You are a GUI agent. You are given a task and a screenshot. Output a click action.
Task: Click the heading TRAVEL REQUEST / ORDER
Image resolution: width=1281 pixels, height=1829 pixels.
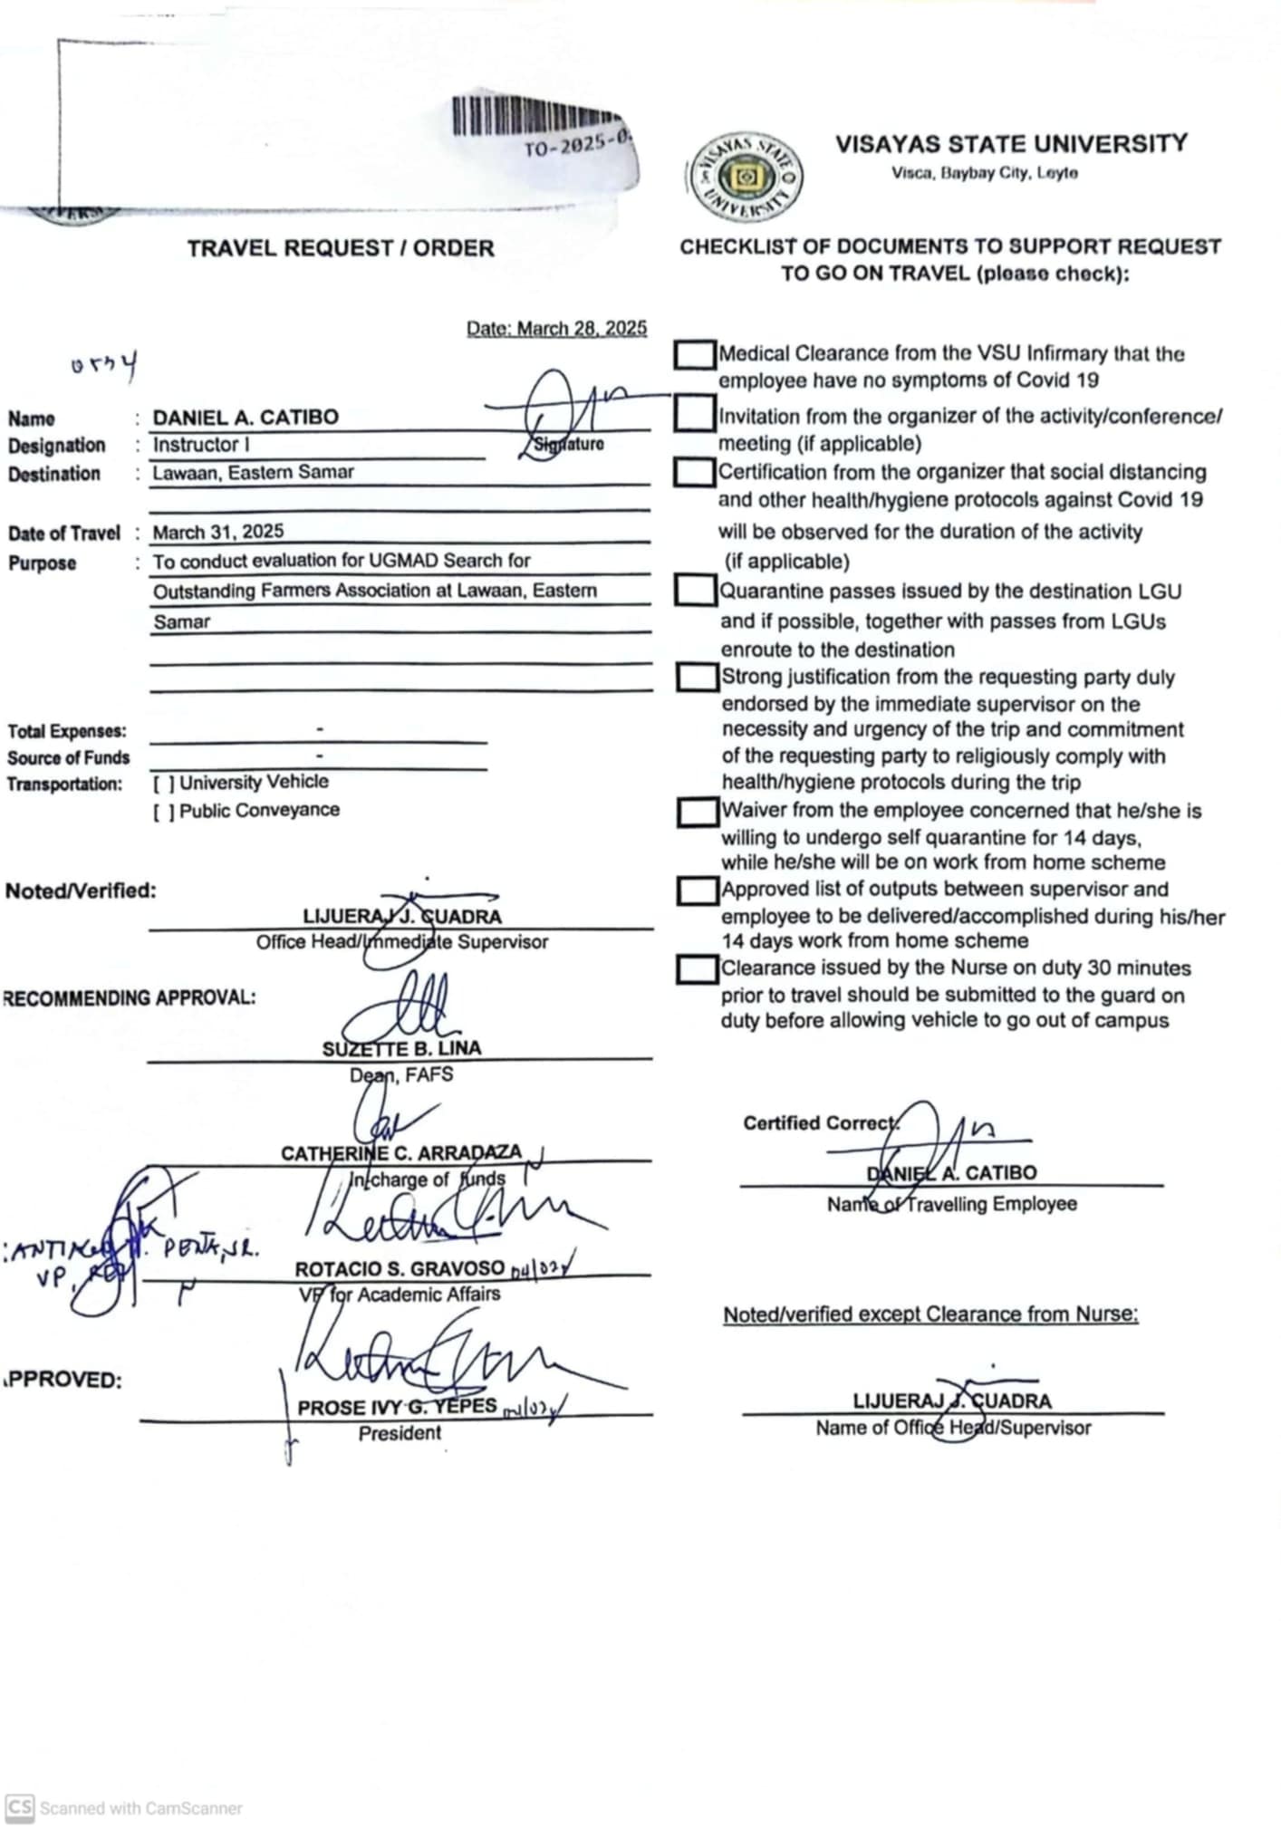(x=341, y=248)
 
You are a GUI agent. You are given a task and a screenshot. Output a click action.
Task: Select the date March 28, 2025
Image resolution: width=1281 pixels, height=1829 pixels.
(x=556, y=328)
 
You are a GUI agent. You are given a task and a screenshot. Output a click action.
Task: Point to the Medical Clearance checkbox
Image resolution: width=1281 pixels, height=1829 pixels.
(x=694, y=354)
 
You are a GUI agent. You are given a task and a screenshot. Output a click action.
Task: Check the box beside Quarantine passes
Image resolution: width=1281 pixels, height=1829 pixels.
(x=696, y=591)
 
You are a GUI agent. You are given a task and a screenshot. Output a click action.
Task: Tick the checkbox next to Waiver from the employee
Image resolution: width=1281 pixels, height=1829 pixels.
(x=698, y=812)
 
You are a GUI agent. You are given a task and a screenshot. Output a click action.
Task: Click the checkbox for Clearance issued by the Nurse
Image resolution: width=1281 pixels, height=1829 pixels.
(x=698, y=968)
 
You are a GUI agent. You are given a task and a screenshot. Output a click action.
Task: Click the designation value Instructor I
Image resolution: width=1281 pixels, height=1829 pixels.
(x=201, y=445)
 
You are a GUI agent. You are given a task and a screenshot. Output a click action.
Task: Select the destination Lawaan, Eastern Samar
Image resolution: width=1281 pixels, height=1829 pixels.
(x=253, y=472)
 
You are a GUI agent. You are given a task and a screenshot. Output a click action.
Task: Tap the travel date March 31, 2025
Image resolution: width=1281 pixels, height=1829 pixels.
(x=217, y=532)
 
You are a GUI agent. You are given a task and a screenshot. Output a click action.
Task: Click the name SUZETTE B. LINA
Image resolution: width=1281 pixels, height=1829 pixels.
(x=401, y=1048)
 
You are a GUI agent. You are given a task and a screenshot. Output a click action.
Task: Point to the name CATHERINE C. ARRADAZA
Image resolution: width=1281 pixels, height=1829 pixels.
(x=400, y=1152)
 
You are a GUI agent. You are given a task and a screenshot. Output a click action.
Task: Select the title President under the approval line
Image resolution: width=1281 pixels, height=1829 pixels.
(x=400, y=1433)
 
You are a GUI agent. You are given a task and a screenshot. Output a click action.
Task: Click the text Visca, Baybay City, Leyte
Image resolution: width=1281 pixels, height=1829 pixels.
(x=984, y=173)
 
